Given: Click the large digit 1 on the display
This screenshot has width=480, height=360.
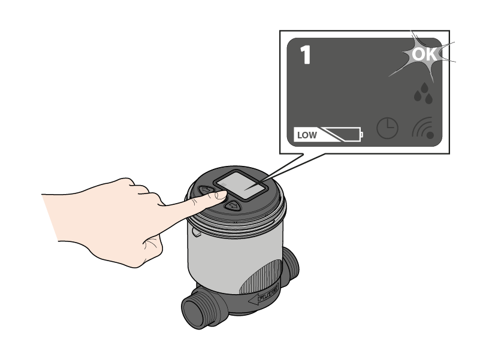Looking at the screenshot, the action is click(306, 55).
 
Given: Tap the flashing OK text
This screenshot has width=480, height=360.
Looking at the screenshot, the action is click(424, 55).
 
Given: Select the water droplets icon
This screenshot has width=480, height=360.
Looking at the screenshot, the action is click(424, 93).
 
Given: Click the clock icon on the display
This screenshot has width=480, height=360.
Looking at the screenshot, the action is click(387, 128).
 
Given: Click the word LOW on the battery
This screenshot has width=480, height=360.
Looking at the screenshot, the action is click(307, 135).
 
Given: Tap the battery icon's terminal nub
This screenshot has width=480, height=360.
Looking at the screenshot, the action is click(362, 134).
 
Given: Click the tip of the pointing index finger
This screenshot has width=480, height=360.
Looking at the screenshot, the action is click(226, 194).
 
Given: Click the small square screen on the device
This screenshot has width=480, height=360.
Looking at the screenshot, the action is click(241, 186).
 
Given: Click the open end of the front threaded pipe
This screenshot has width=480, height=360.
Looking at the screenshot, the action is click(193, 314).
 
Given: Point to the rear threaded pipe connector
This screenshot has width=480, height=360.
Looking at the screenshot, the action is click(289, 266).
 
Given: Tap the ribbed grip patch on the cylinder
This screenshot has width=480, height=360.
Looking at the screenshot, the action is click(259, 276).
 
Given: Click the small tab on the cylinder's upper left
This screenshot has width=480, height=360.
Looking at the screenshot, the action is click(196, 232).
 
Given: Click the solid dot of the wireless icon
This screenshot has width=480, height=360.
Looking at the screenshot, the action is click(430, 135).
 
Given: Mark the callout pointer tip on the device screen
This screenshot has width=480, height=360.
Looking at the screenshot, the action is click(244, 189).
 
